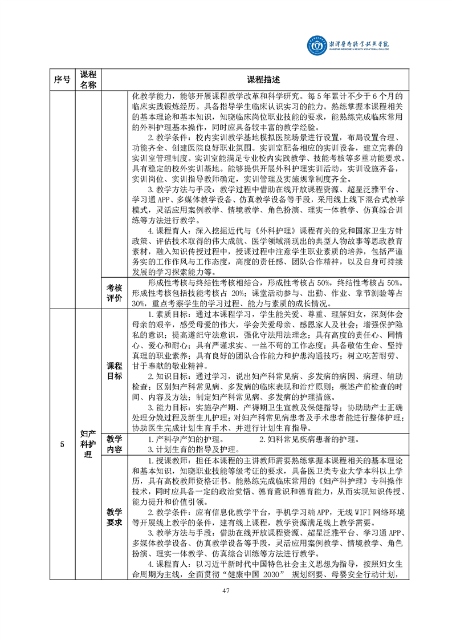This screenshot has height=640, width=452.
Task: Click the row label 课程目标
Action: (114, 371)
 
